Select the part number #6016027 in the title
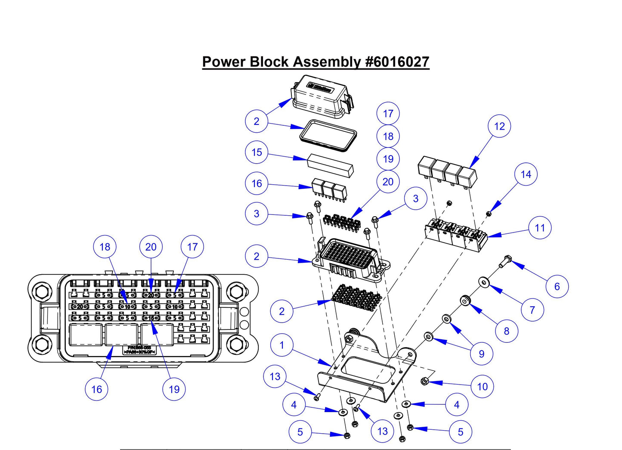pos(397,62)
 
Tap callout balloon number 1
pos(282,345)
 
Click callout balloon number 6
pos(557,286)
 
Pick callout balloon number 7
pos(532,310)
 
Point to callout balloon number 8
pos(507,331)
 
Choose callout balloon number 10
pos(483,386)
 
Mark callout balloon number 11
pos(540,228)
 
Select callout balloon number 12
pos(499,126)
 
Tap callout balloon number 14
pos(526,174)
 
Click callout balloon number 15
pos(257,152)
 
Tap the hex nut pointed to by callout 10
pos(423,381)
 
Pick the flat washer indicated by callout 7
pos(484,282)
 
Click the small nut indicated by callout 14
pos(489,213)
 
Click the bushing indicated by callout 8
pos(465,300)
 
